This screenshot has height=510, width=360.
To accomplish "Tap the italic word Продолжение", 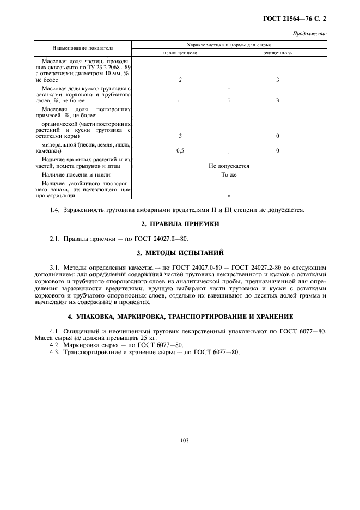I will pos(309,33).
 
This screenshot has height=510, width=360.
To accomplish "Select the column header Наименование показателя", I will pos(83,48).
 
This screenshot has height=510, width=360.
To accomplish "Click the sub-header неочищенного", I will pos(180,53).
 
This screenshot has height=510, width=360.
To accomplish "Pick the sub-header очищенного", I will pos(277,53).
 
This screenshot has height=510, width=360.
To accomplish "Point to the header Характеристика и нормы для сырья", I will pos(229,44).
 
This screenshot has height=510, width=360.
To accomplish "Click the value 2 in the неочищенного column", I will pos(180,80).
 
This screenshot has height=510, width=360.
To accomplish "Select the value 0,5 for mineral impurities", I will pos(180,150).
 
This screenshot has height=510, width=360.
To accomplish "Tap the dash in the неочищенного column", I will pos(180,100).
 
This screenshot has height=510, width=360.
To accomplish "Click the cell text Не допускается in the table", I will pos(229,166).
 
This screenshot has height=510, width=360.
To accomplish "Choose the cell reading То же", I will pos(229,175).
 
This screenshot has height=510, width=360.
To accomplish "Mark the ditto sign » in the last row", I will pos(229,195).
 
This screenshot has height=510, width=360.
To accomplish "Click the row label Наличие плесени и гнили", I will pos(76,175).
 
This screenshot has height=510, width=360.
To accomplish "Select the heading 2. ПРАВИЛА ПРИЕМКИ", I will pos(180,224).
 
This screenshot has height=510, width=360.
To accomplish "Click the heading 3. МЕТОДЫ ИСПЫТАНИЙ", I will pos(180,253).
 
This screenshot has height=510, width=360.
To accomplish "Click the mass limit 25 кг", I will pos(140,338).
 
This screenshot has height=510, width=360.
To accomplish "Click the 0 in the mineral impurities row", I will pos(277,150).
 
